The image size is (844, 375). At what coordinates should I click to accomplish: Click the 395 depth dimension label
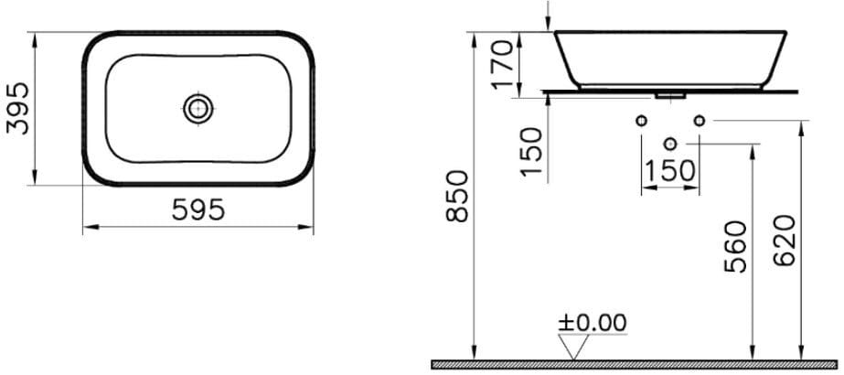pyautogui.click(x=16, y=109)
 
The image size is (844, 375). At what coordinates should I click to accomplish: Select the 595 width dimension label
pyautogui.click(x=198, y=209)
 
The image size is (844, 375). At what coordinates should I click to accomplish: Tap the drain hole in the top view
pyautogui.click(x=199, y=109)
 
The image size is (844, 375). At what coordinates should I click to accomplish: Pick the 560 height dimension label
pyautogui.click(x=736, y=246)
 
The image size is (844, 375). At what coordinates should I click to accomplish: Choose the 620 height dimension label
pyautogui.click(x=785, y=241)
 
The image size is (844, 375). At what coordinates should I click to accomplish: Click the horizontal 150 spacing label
pyautogui.click(x=669, y=172)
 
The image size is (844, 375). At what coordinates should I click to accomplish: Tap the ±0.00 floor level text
pyautogui.click(x=593, y=323)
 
